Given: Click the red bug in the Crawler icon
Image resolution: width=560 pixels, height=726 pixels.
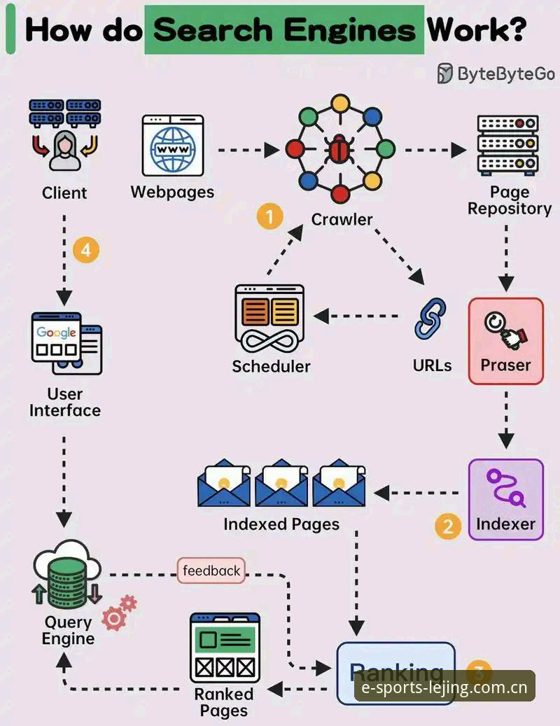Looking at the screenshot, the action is [x=339, y=150].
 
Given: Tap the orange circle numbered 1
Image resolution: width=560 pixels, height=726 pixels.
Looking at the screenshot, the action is [x=270, y=216].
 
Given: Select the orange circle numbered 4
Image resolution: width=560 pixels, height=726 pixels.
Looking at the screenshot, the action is [x=86, y=250].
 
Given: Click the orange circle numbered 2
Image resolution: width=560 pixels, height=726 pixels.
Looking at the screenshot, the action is [x=447, y=526].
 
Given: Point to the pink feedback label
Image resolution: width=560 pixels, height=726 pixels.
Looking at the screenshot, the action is [x=211, y=571].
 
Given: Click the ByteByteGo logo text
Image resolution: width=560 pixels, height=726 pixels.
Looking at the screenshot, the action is [x=506, y=74].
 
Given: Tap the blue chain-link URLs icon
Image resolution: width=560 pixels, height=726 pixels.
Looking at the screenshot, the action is [x=430, y=319].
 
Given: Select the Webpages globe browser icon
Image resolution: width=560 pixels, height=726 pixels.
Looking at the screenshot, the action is [x=173, y=146].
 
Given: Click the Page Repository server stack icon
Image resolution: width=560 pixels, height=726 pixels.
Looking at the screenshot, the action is [x=507, y=146].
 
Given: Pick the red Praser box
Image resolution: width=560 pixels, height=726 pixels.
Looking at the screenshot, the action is [x=506, y=341].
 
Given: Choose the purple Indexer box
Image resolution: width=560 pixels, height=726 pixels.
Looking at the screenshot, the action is [x=506, y=500].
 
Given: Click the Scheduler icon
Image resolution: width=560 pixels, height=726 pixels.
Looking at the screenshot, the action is [x=269, y=319].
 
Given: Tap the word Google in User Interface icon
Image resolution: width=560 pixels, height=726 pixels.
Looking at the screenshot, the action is [x=57, y=333].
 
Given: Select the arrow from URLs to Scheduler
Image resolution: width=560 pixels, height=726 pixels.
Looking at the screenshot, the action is [x=356, y=316].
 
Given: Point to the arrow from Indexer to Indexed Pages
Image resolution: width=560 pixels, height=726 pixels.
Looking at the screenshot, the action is [x=416, y=493].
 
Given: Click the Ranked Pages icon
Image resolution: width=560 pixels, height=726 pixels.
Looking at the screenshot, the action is [x=225, y=648].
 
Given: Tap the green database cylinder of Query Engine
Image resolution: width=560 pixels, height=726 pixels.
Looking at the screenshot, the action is [x=68, y=582].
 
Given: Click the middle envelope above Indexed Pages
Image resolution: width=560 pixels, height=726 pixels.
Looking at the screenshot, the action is [x=281, y=483].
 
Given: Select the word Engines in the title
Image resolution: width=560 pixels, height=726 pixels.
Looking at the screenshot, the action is [x=349, y=30].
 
